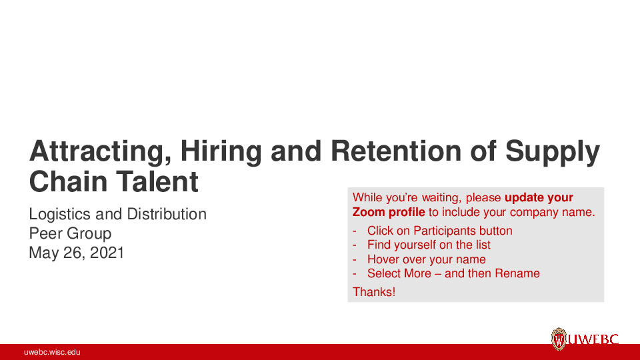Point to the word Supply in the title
click(x=553, y=153)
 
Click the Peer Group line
click(x=70, y=233)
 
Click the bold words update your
click(x=539, y=197)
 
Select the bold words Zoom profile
click(x=389, y=213)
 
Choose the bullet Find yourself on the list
click(x=429, y=245)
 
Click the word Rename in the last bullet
click(x=517, y=273)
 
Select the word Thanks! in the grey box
click(x=374, y=291)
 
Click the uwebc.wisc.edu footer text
click(x=52, y=352)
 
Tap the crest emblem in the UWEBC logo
click(x=559, y=339)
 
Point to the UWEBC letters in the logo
click(x=593, y=340)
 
